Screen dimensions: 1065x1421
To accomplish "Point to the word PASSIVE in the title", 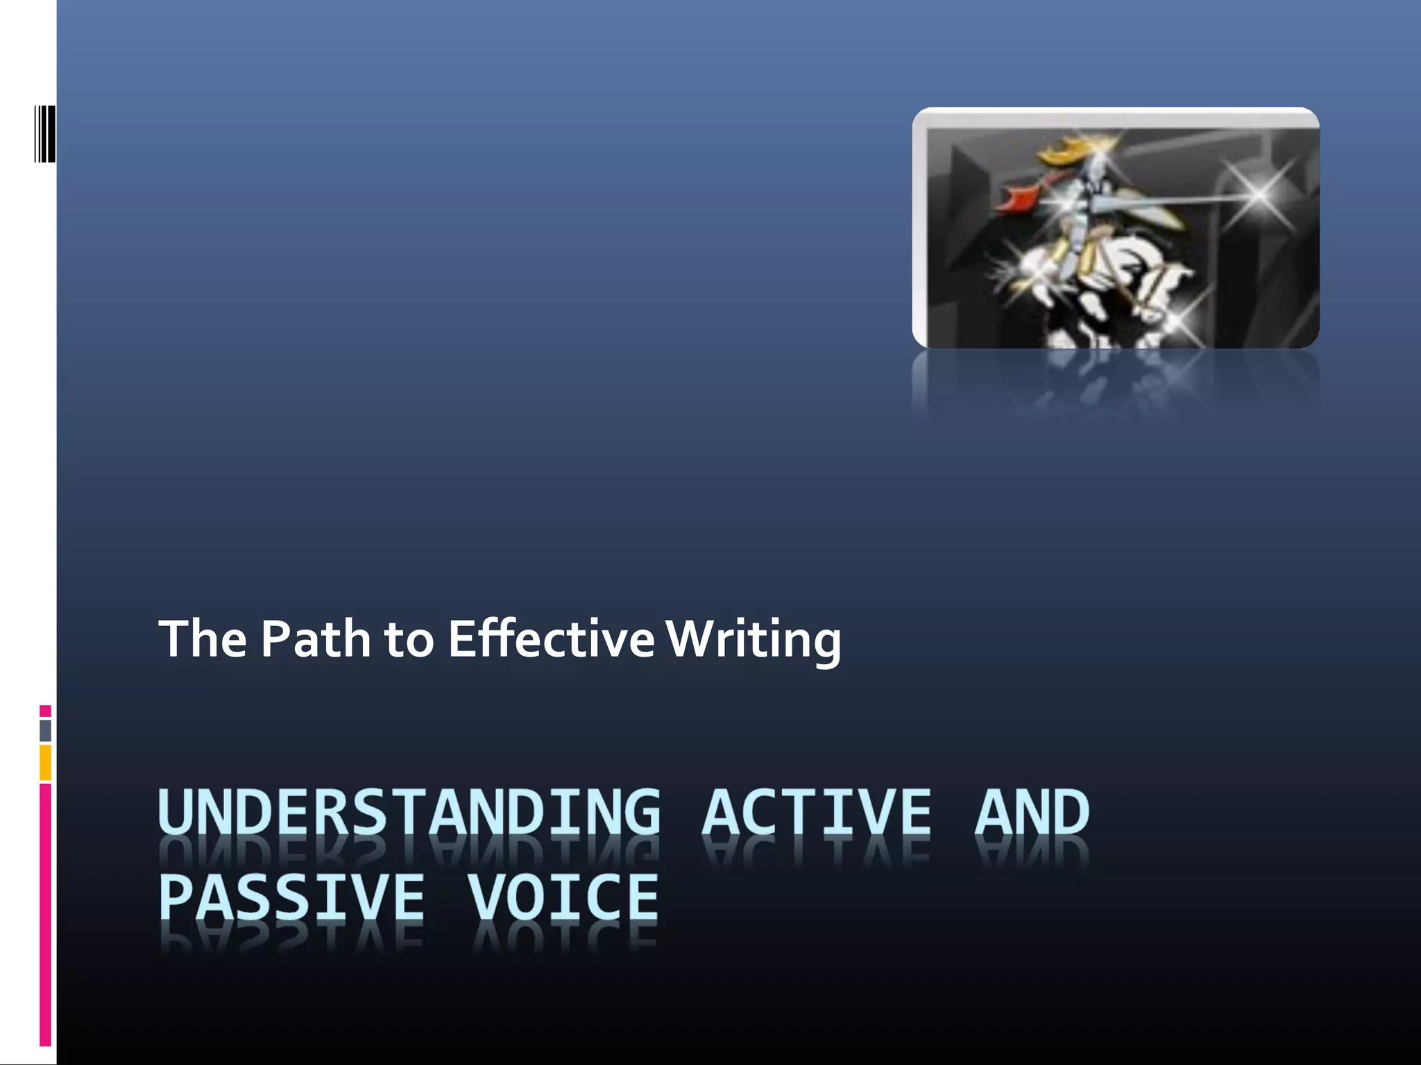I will tap(291, 897).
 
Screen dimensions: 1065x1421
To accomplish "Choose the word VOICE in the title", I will tap(562, 897).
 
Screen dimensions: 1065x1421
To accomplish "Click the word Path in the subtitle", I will tap(316, 639).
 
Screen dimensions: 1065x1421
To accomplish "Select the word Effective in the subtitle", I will tap(551, 639).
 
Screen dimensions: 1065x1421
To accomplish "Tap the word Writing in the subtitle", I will tap(754, 639).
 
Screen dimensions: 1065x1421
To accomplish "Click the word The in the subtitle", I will tap(203, 639).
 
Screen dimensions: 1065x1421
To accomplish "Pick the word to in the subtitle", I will tap(409, 640).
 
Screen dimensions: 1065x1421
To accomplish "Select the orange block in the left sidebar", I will tap(45, 763).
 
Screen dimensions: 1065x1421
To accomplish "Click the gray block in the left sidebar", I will tap(45, 731).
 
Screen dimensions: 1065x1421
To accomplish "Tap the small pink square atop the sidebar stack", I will tap(45, 711).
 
